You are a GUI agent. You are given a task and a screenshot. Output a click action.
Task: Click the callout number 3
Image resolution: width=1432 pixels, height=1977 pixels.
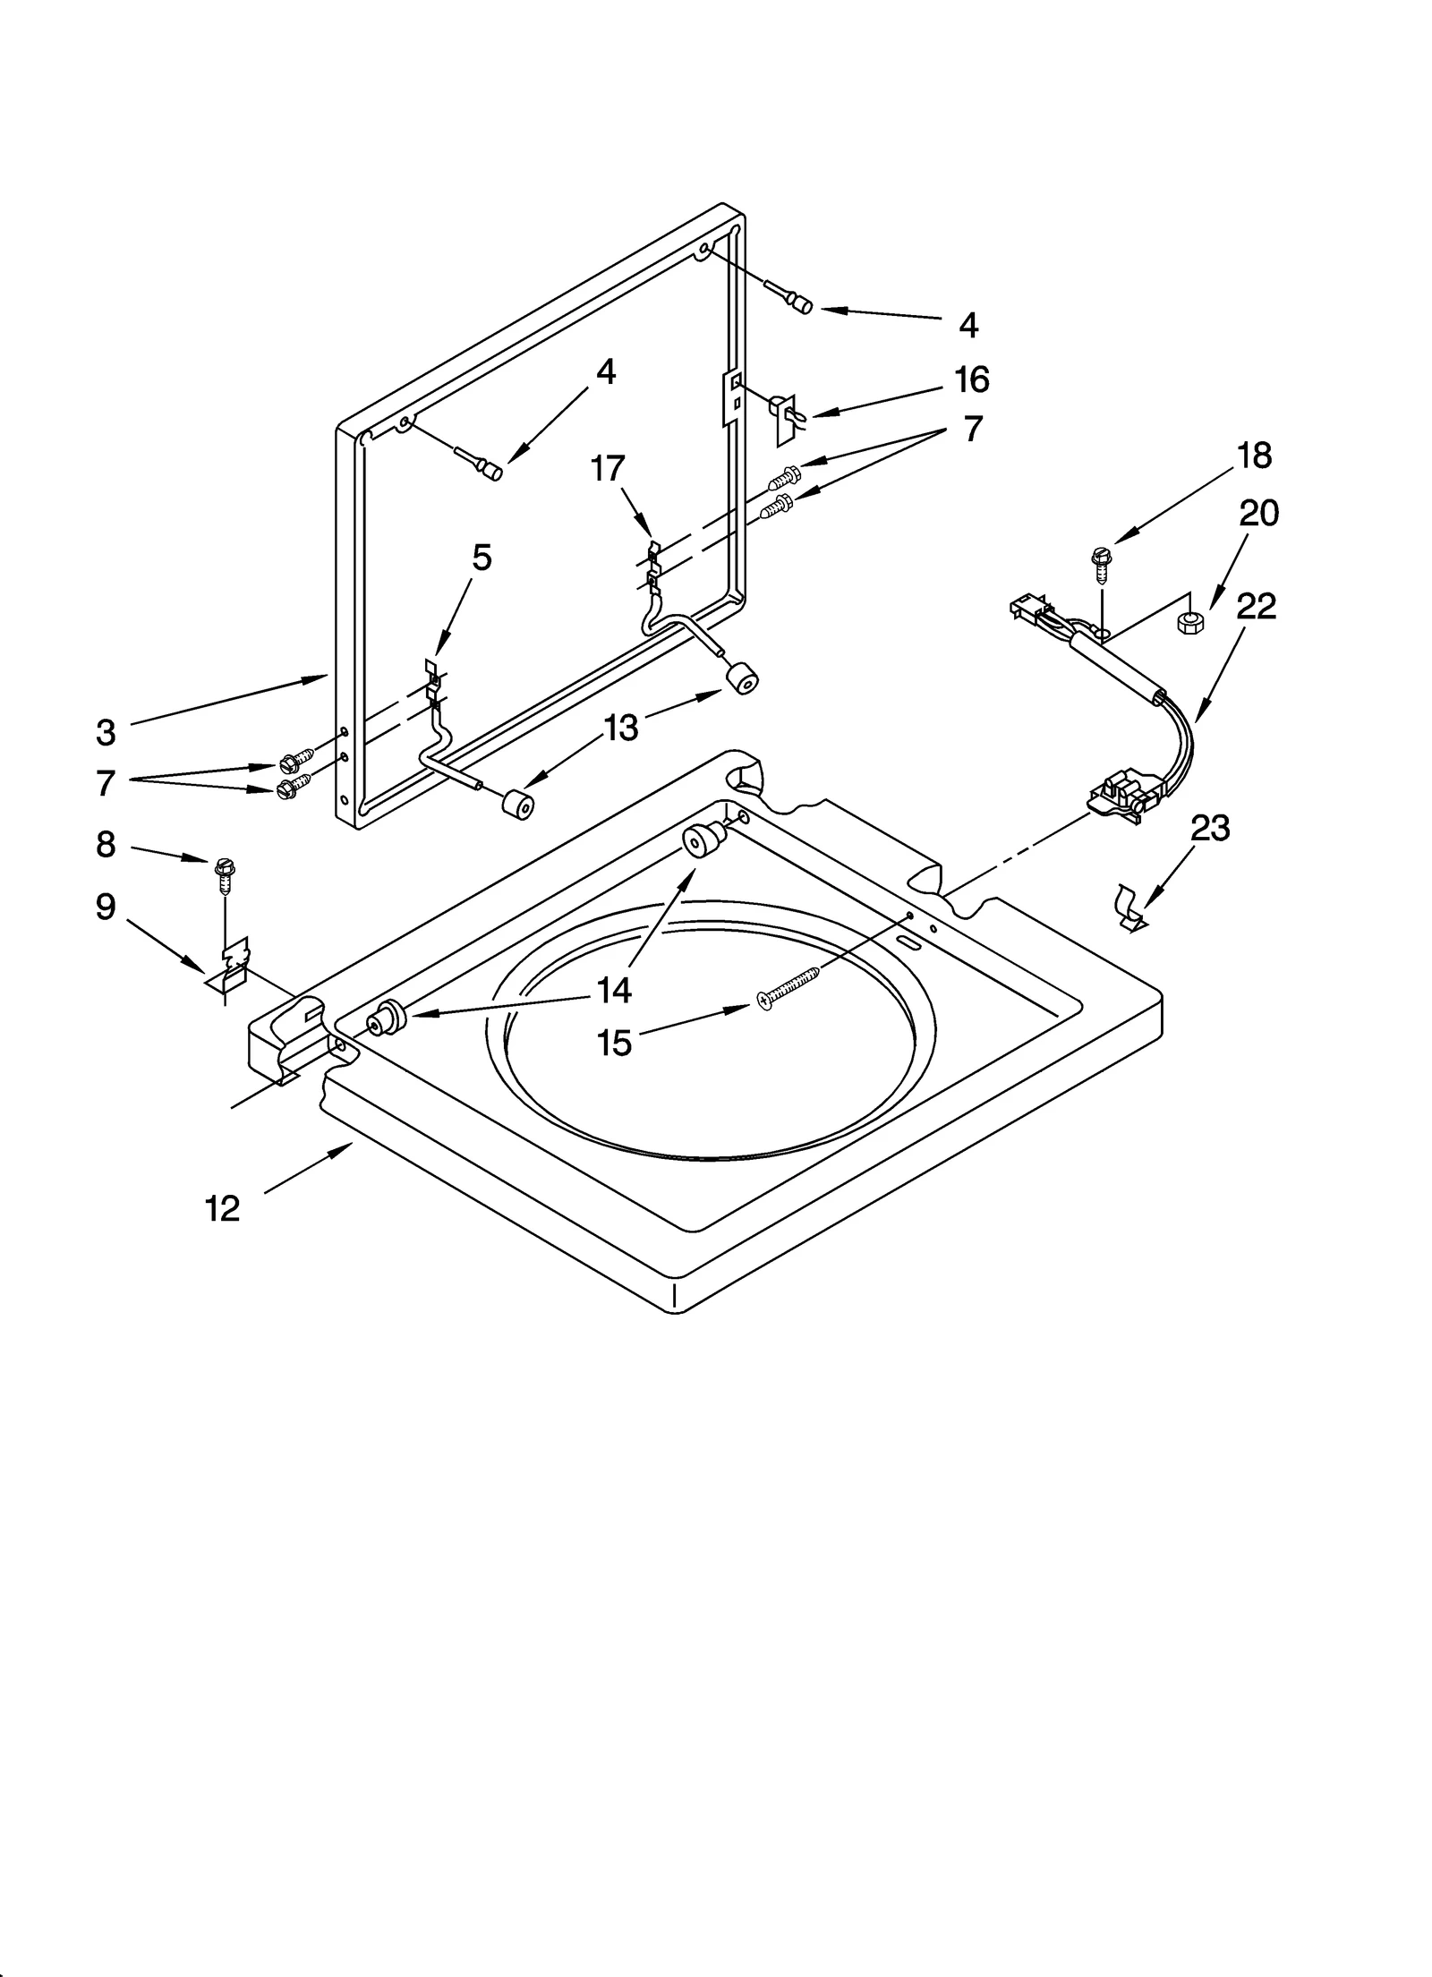(106, 733)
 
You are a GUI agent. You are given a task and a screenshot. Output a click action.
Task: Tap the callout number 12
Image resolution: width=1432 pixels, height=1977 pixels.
(222, 1209)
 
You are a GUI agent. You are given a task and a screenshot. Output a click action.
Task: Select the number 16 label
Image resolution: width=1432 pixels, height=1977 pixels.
(971, 379)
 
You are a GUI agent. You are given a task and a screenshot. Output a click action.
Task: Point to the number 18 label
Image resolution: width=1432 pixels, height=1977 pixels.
(1254, 456)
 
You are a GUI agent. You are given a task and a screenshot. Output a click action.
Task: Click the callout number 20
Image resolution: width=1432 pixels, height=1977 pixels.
(1258, 514)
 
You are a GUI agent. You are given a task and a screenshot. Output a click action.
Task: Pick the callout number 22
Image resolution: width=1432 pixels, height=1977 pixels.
(1256, 607)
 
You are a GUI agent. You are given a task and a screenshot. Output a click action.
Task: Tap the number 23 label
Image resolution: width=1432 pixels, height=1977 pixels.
(1210, 829)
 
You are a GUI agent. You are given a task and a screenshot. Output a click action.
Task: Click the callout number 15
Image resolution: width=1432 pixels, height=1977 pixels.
(615, 1044)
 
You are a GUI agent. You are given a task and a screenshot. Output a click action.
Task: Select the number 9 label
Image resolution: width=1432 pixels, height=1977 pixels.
(106, 908)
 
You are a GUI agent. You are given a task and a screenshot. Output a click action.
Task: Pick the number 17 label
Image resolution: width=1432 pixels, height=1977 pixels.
(608, 468)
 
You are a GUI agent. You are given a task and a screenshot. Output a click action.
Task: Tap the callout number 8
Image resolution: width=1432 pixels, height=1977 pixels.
(106, 844)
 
